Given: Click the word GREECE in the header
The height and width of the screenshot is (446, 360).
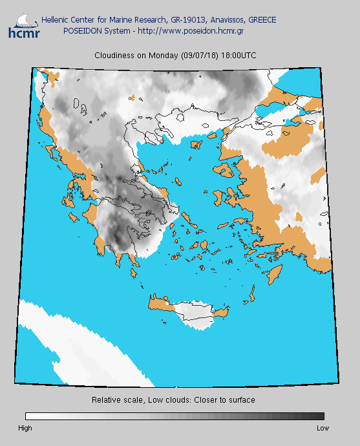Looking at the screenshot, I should pyautogui.click(x=260, y=20).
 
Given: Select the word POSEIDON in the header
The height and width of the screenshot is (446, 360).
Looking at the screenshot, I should pyautogui.click(x=82, y=30).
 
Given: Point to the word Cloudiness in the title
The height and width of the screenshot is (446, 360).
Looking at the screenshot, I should pyautogui.click(x=114, y=56).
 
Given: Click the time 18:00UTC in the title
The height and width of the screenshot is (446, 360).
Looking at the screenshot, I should pyautogui.click(x=238, y=56).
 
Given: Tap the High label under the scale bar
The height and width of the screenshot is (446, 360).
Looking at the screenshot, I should pyautogui.click(x=25, y=428).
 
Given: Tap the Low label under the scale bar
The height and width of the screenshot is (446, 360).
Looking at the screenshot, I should pyautogui.click(x=323, y=428).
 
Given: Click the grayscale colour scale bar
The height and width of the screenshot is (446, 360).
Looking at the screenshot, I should pyautogui.click(x=175, y=416).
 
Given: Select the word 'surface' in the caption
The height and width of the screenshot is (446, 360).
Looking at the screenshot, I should pyautogui.click(x=242, y=400).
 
